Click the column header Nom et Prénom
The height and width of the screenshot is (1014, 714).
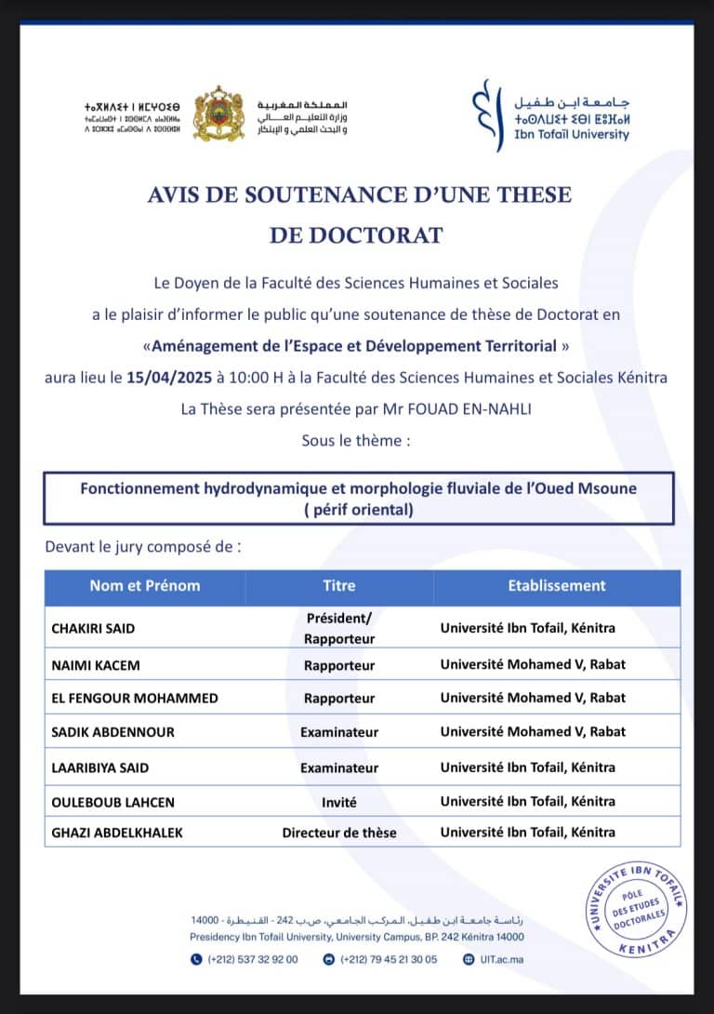click(144, 585)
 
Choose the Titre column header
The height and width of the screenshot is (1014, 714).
click(338, 585)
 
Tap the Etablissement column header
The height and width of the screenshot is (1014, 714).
click(556, 585)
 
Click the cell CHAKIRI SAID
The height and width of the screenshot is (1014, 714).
click(93, 628)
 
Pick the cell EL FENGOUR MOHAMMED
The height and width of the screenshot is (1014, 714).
click(123, 698)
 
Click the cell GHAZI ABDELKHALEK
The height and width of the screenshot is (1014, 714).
click(117, 833)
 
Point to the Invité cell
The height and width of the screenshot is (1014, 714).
click(338, 801)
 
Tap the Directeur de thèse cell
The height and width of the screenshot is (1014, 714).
click(338, 833)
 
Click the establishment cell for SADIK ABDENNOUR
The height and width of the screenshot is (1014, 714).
click(533, 731)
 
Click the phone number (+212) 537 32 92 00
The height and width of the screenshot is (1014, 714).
click(245, 959)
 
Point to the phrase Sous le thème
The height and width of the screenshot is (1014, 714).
click(355, 440)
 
